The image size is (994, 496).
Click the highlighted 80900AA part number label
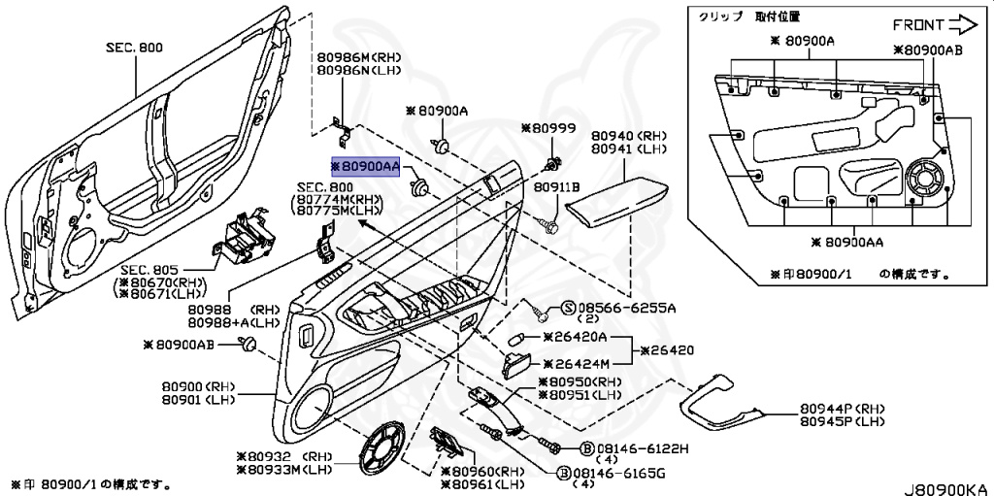pyautogui.click(x=366, y=167)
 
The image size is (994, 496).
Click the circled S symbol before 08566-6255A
pyautogui.click(x=568, y=309)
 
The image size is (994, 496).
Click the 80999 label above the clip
pyautogui.click(x=548, y=128)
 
